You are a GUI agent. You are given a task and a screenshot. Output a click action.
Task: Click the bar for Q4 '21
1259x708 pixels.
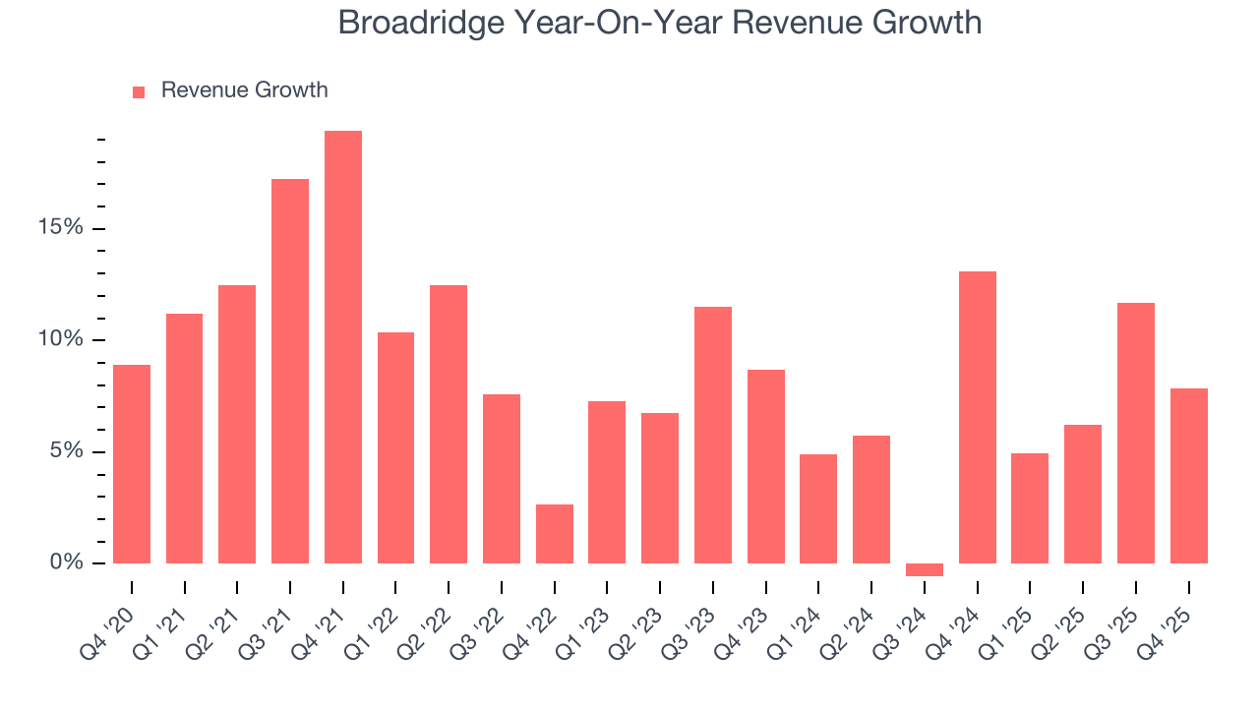click(x=343, y=347)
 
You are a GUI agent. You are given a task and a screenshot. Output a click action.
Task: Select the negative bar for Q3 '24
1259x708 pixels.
click(x=925, y=569)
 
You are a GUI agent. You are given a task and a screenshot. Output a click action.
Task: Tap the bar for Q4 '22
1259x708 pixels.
click(x=555, y=534)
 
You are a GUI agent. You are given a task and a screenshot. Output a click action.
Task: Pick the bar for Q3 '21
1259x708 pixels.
click(x=290, y=371)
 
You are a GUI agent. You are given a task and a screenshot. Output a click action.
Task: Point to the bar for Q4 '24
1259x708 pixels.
click(x=978, y=417)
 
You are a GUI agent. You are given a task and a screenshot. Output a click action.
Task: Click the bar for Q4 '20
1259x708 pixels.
click(x=132, y=464)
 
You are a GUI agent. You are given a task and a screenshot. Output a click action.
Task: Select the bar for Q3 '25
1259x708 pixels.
click(x=1136, y=433)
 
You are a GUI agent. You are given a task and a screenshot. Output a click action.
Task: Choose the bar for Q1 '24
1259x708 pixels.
click(x=818, y=508)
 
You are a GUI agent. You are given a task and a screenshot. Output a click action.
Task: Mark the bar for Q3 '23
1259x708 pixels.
click(x=713, y=435)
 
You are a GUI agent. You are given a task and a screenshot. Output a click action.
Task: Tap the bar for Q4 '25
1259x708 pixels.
click(x=1189, y=476)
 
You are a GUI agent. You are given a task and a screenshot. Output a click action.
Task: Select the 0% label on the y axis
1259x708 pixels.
click(x=70, y=563)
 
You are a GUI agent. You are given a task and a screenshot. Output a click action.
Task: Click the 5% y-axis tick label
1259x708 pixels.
click(x=70, y=452)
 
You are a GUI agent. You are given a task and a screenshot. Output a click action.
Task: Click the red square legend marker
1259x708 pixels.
click(x=139, y=91)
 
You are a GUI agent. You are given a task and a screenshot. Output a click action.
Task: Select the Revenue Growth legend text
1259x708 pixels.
click(x=244, y=90)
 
